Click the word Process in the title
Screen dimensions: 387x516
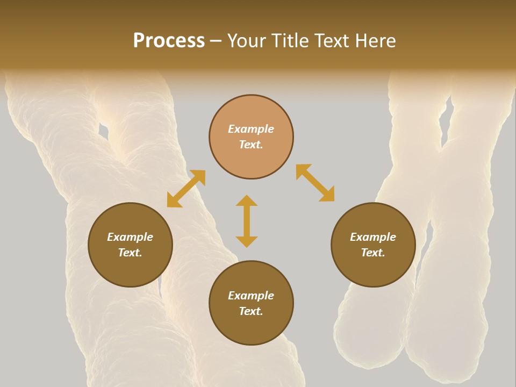[x=169, y=41]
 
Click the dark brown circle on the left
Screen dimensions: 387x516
[x=130, y=245]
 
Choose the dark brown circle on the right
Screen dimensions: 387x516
[x=373, y=245]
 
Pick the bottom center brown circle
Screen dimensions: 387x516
[x=251, y=303]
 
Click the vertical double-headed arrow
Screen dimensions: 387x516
[x=247, y=221]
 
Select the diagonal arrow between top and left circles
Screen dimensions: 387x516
[x=186, y=189]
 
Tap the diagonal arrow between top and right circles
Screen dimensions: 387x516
[x=315, y=183]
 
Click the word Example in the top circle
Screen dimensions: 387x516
[x=251, y=129]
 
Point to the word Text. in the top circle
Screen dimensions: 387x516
[x=251, y=145]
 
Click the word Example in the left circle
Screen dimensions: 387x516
[x=130, y=237]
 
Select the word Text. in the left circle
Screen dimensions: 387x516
[x=130, y=253]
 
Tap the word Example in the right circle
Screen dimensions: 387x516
[x=373, y=237]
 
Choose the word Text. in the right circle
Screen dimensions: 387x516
[x=373, y=253]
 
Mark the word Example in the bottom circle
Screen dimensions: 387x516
[x=251, y=296]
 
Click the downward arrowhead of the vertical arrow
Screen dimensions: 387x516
[x=247, y=241]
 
